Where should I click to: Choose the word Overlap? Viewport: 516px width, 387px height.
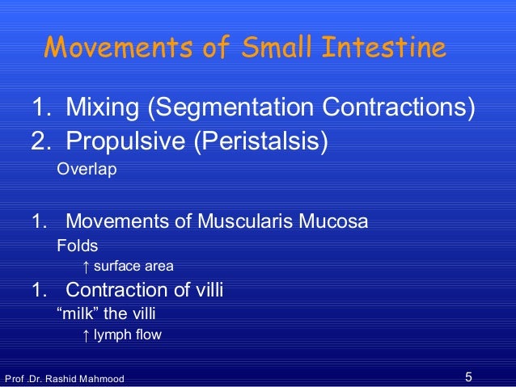(x=87, y=170)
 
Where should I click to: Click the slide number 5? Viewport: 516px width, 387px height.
(x=470, y=376)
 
